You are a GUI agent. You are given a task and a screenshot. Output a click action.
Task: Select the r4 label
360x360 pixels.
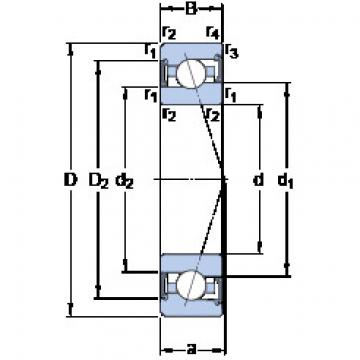point(211,33)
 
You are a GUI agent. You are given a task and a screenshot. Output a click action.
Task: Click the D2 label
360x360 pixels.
point(98,181)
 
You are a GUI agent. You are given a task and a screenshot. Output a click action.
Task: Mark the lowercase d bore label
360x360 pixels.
point(258,181)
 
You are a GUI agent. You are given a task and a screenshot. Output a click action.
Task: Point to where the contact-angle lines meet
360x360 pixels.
point(221,181)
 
